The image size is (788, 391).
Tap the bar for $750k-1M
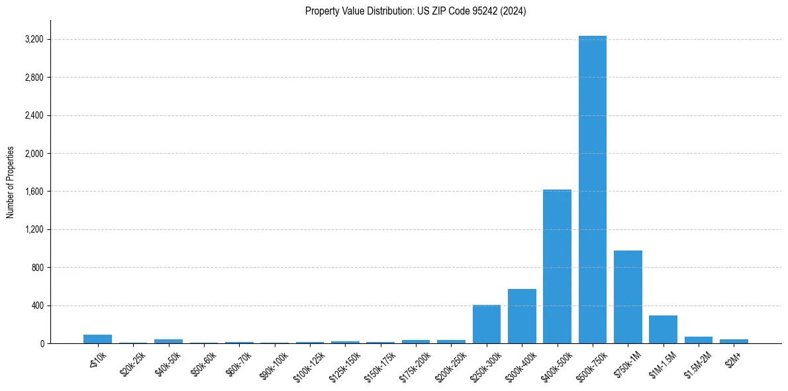pyautogui.click(x=628, y=297)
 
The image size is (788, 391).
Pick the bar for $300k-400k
pyautogui.click(x=522, y=316)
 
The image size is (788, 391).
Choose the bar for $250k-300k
pyautogui.click(x=486, y=324)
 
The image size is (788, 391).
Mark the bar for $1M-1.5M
pyautogui.click(x=663, y=329)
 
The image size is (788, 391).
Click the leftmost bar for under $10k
pyautogui.click(x=97, y=339)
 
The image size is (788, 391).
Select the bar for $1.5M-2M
pyautogui.click(x=699, y=340)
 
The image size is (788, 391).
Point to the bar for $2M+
pyautogui.click(x=734, y=341)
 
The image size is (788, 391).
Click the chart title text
pyautogui.click(x=415, y=11)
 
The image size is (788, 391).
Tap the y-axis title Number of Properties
pyautogui.click(x=11, y=182)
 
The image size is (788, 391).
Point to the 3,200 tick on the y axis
pyautogui.click(x=34, y=40)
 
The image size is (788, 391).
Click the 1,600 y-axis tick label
pyautogui.click(x=34, y=192)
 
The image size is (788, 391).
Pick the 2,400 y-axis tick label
pyautogui.click(x=34, y=115)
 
